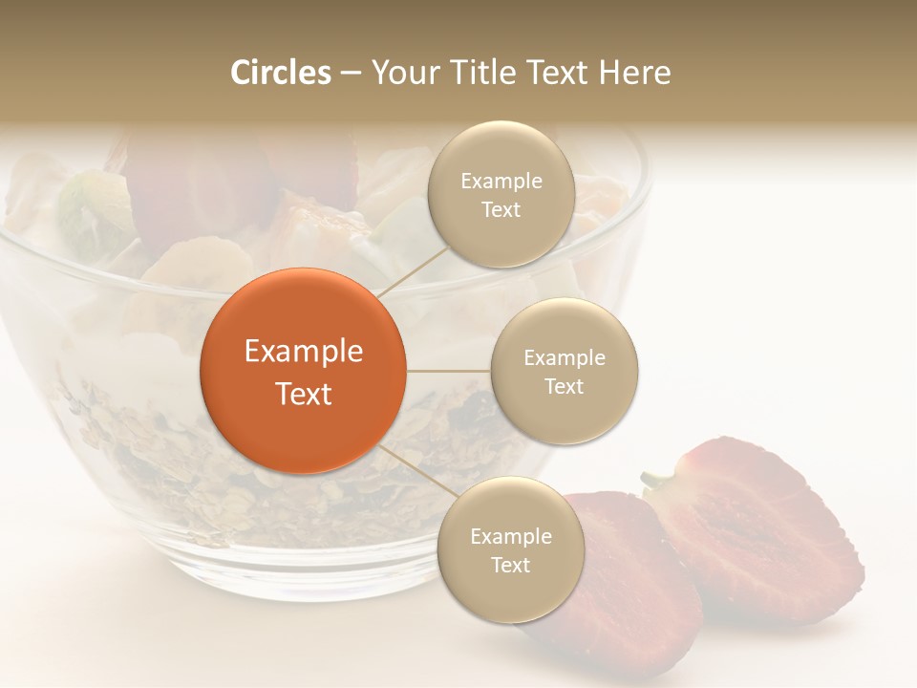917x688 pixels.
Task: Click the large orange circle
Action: click(303, 371)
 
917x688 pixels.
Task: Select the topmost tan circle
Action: click(501, 194)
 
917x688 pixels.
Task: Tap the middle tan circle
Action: click(565, 371)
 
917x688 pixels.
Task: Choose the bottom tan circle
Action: click(510, 549)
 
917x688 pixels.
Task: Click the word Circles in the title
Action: click(281, 73)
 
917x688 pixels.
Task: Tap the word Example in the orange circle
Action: click(303, 352)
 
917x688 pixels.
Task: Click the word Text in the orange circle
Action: click(303, 394)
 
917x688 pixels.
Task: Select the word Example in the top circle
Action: click(501, 182)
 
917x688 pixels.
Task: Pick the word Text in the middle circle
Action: click(565, 386)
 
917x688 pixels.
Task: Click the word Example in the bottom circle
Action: click(510, 537)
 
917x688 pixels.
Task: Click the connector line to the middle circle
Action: click(448, 371)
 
